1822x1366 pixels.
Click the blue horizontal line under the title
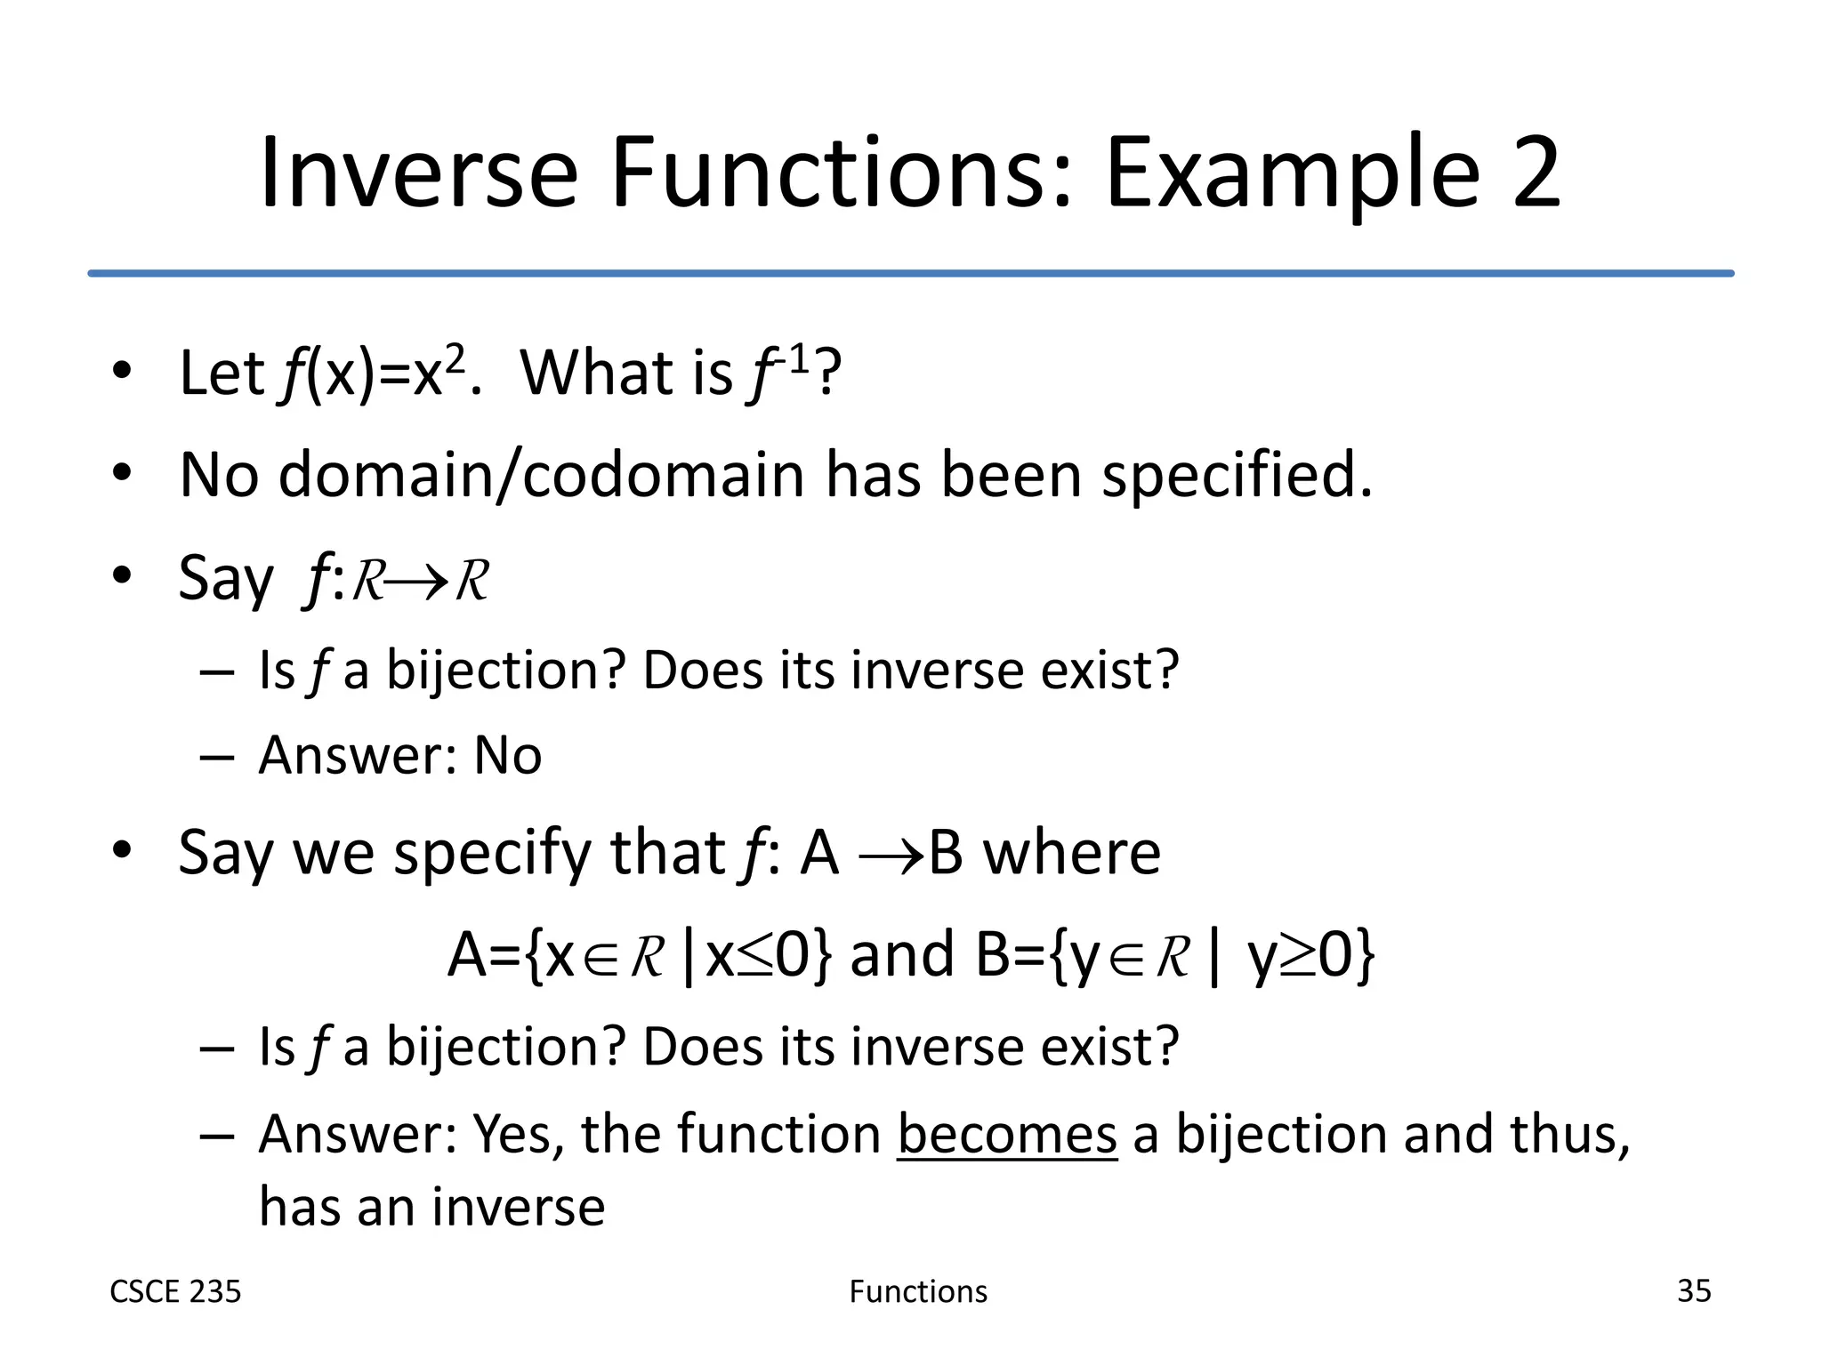(911, 273)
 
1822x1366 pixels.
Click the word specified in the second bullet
(1237, 477)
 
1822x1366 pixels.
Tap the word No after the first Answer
(507, 756)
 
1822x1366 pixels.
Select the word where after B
(1071, 854)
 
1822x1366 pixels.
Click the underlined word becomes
(1006, 1135)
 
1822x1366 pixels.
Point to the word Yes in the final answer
(517, 1135)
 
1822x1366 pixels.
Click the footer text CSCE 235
(175, 1291)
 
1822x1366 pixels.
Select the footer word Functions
(917, 1291)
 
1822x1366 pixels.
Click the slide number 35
(1693, 1290)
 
